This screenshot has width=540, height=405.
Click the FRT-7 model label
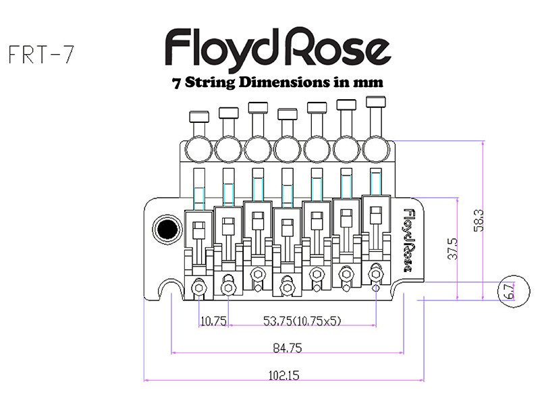(40, 55)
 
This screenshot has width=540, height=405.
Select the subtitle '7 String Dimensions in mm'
(278, 83)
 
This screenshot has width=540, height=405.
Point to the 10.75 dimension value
(214, 321)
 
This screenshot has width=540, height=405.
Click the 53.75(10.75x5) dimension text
(300, 321)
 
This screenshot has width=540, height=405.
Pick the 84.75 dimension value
(287, 348)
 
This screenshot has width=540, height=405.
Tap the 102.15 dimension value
(284, 375)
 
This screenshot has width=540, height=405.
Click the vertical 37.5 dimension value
(453, 248)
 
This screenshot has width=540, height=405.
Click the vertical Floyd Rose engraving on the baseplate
(408, 238)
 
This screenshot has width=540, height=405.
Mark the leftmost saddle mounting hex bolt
(199, 288)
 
